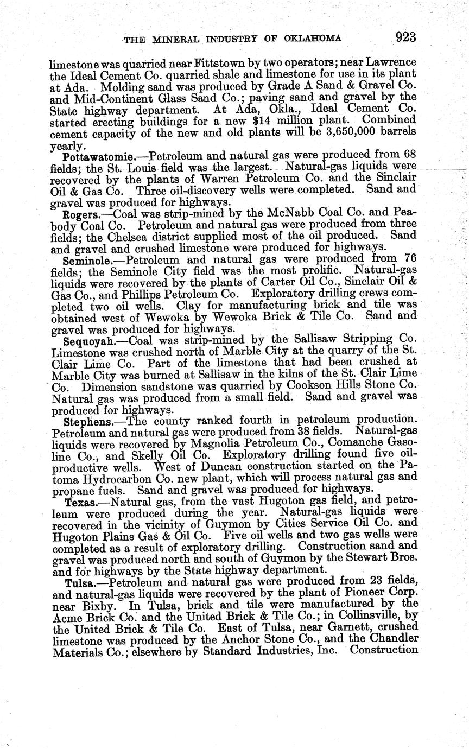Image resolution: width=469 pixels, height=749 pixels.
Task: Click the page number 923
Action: [x=405, y=37]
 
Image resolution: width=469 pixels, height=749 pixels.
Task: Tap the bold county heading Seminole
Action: [x=86, y=261]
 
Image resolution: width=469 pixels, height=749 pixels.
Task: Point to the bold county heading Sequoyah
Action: [x=89, y=341]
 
